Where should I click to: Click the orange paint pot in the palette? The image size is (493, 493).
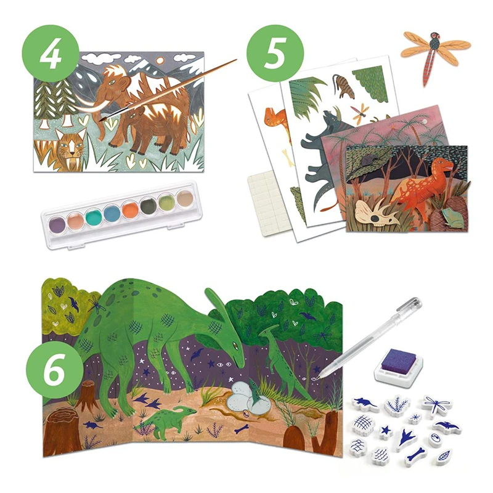(x=131, y=210)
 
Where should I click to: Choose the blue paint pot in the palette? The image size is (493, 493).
(x=112, y=212)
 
